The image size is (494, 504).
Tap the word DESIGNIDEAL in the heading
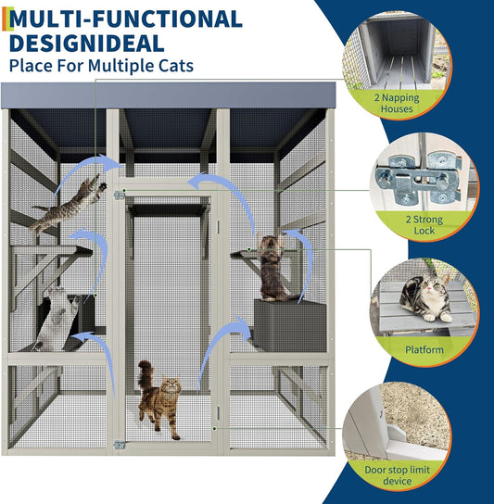tap(89, 43)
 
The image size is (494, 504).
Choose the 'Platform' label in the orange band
tap(423, 350)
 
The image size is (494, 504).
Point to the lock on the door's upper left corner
tap(120, 196)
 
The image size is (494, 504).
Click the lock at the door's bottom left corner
tap(120, 446)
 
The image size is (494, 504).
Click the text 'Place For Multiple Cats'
tap(102, 66)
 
